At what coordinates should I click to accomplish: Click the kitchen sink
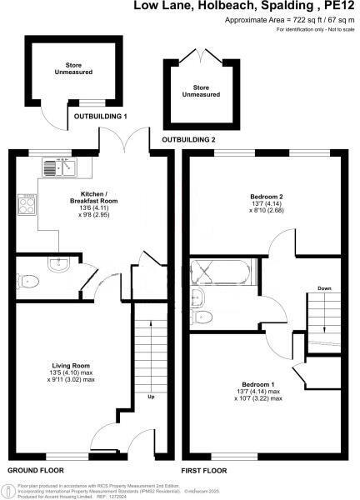(58, 167)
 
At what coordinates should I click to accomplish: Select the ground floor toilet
(27, 282)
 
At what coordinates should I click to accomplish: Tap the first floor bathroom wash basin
(200, 297)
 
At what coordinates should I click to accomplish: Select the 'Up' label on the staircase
(151, 396)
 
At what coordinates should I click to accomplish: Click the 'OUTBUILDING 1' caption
(99, 116)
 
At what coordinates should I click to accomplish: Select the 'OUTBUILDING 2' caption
(188, 138)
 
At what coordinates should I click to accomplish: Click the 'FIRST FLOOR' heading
(204, 471)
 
